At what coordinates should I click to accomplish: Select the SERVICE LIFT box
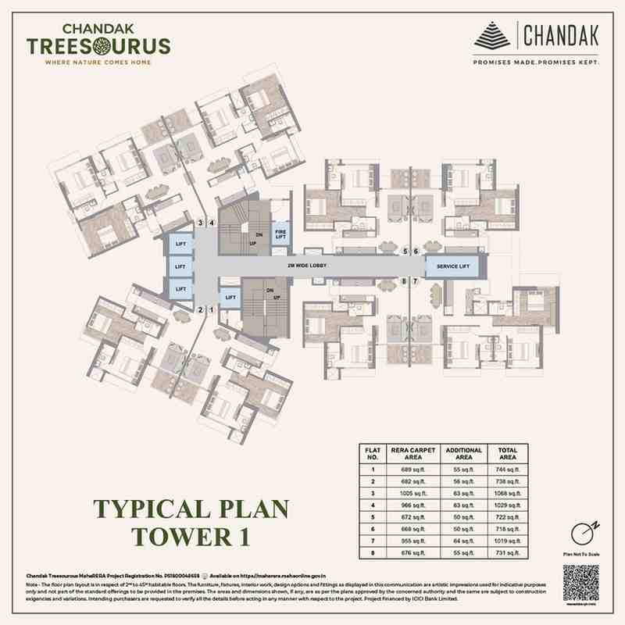(x=453, y=266)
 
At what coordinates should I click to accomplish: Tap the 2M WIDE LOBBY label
(x=308, y=266)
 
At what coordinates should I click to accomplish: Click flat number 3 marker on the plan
(x=201, y=223)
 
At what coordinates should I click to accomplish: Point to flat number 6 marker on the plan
(x=416, y=252)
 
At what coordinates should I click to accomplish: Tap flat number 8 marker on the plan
(x=405, y=280)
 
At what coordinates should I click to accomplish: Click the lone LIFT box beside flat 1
(x=230, y=297)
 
